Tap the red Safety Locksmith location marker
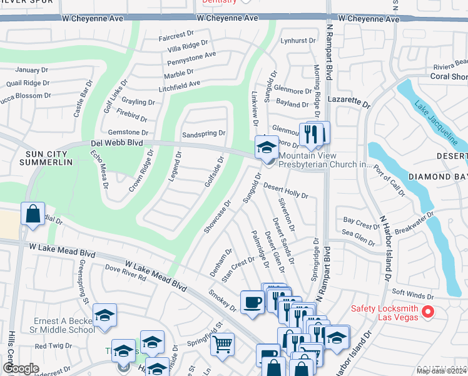pyautogui.click(x=428, y=311)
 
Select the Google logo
pyautogui.click(x=21, y=368)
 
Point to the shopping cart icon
pyautogui.click(x=222, y=344)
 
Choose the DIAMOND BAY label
pyautogui.click(x=439, y=177)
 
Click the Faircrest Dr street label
pyautogui.click(x=180, y=36)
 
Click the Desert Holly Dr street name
pyautogui.click(x=285, y=191)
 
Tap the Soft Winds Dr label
pyautogui.click(x=412, y=296)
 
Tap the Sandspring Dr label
pyautogui.click(x=203, y=134)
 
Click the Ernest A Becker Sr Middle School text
pyautogui.click(x=64, y=325)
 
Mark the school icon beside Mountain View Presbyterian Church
pyautogui.click(x=267, y=147)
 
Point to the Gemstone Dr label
pyautogui.click(x=128, y=132)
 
